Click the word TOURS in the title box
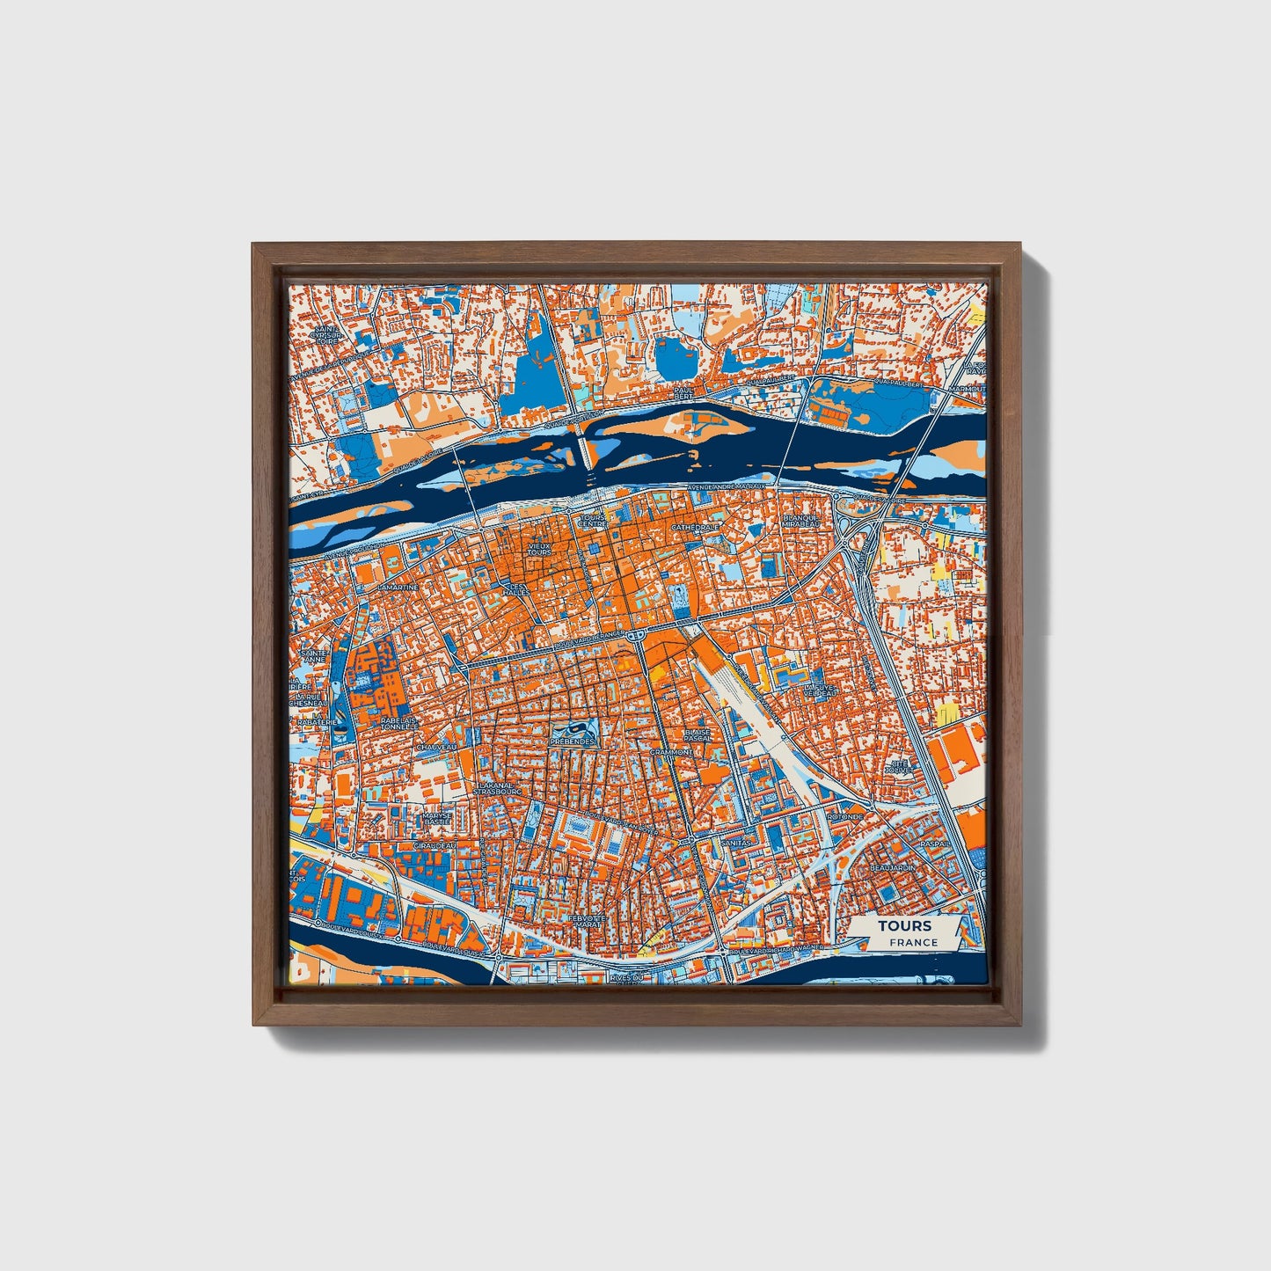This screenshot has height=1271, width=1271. point(904,925)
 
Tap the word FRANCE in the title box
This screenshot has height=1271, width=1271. point(913,942)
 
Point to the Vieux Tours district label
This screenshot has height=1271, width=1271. point(539,549)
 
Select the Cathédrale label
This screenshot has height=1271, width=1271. point(695,528)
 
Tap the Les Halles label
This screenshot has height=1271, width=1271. point(517,589)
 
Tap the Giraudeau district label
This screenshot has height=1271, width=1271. point(435,845)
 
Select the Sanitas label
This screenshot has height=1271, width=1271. point(736,842)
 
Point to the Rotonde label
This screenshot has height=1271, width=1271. point(844,816)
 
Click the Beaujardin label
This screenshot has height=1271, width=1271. point(892,867)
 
